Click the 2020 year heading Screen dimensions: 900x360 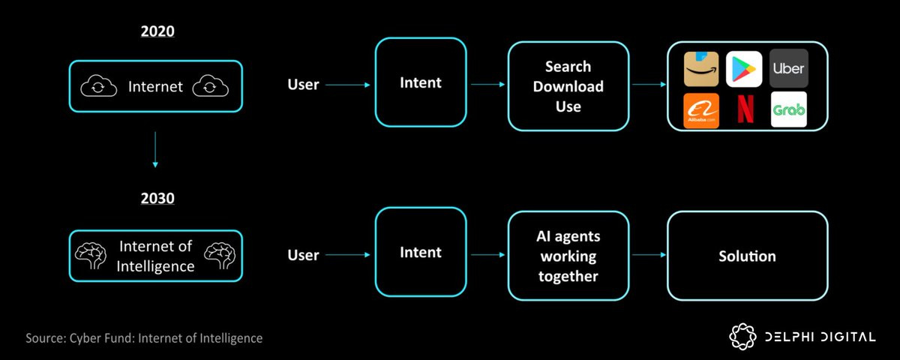157,31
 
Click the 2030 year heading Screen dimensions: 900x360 157,198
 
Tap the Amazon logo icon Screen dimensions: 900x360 701,69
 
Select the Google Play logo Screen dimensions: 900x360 744,69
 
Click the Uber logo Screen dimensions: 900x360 789,68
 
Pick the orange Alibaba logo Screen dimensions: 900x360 701,110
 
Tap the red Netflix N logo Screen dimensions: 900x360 745,109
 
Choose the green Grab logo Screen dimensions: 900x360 789,109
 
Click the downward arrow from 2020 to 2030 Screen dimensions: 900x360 155,149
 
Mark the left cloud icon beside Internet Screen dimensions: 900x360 98,86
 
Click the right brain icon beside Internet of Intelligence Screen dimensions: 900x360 220,256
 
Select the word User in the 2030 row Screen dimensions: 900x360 303,255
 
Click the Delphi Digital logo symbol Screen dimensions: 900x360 742,336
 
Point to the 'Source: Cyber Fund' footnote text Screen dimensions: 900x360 144,338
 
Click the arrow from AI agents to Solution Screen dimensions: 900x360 649,255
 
